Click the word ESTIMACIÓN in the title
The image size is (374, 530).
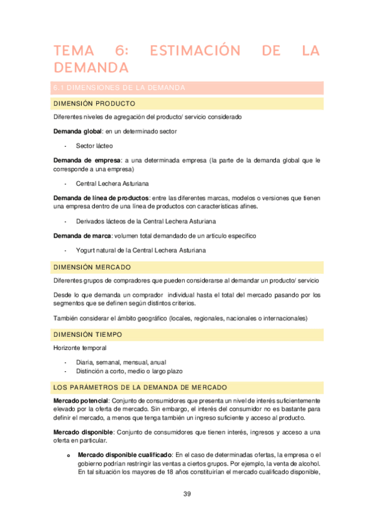point(187,51)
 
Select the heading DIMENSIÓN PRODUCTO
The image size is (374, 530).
point(95,103)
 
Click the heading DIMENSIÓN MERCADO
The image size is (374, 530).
point(92,267)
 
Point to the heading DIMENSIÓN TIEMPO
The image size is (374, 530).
point(87,334)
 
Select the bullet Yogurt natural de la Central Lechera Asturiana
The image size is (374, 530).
point(140,250)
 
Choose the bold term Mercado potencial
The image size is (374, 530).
point(81,400)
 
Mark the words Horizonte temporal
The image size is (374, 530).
point(79,347)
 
